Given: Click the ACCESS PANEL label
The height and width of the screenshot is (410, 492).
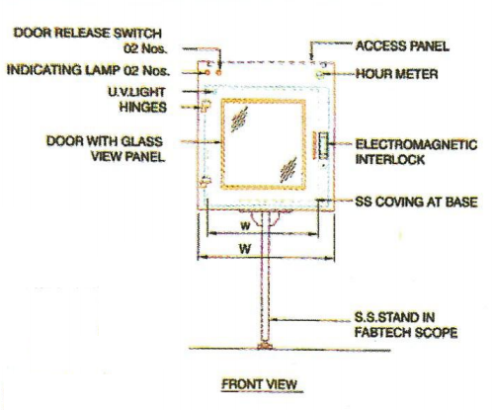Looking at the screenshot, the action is (402, 45).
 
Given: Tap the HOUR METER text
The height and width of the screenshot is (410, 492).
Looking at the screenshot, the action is (397, 74).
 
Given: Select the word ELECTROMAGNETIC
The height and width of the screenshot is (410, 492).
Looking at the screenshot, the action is (416, 144).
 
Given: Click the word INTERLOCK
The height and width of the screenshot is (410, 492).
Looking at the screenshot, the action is (390, 160).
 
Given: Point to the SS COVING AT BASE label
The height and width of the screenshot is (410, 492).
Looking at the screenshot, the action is (416, 202).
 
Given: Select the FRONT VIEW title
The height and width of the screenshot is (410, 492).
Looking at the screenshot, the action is (259, 384).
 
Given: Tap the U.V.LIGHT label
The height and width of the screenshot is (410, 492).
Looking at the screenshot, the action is (137, 92).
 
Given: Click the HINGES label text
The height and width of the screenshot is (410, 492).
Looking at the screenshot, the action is (143, 107).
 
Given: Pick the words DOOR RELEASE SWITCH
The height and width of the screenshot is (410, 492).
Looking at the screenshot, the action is (88, 33).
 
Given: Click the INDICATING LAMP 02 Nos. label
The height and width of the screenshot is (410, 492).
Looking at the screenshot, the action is (88, 70).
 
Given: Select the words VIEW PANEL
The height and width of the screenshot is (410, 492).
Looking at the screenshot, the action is (128, 156).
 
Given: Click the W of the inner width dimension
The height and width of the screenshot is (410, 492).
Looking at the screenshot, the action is (246, 226).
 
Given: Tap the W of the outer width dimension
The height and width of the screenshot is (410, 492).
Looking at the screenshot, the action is (245, 249).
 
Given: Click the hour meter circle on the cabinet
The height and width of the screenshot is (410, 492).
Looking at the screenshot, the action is (319, 74).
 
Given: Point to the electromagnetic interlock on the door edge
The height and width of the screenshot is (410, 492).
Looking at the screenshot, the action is (323, 145).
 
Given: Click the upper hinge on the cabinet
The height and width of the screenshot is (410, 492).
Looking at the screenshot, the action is (205, 106).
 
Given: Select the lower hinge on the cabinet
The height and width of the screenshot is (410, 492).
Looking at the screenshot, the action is (205, 182).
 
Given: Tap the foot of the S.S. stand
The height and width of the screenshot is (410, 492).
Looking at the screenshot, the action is (265, 346).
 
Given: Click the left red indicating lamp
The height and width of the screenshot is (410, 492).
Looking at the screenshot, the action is (207, 72).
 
